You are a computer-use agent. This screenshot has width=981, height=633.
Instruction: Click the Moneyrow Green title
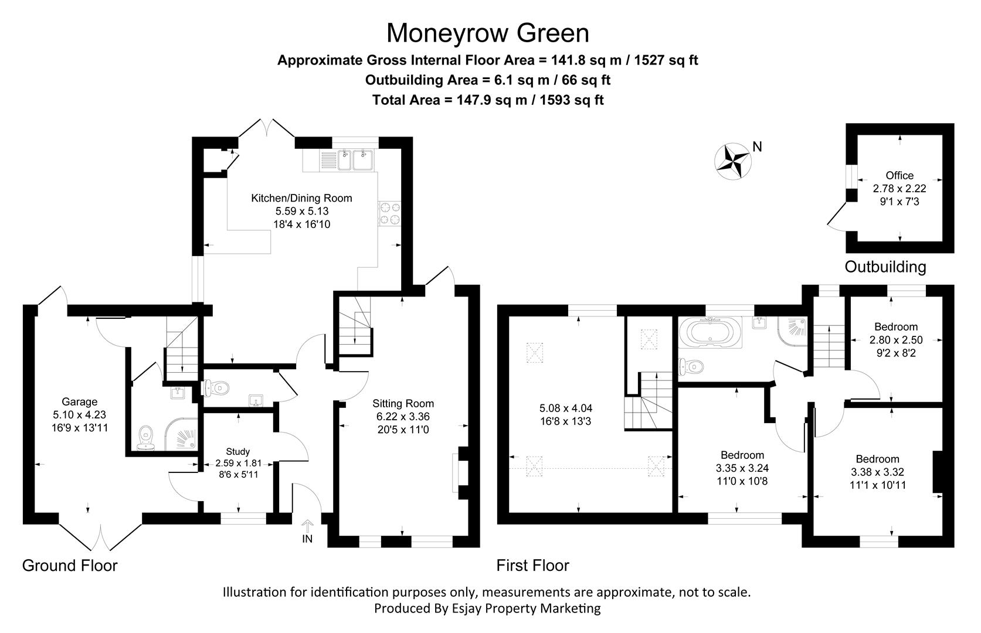pyautogui.click(x=487, y=33)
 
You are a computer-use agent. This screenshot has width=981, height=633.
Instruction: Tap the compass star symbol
pyautogui.click(x=733, y=161)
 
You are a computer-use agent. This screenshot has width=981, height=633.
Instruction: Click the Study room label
pyautogui.click(x=237, y=451)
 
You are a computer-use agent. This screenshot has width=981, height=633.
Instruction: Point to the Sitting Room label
pyautogui.click(x=403, y=403)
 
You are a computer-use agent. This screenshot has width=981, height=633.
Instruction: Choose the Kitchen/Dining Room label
pyautogui.click(x=301, y=198)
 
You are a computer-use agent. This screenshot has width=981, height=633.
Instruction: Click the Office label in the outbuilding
pyautogui.click(x=899, y=175)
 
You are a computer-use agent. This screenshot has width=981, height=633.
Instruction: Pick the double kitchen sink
pyautogui.click(x=356, y=159)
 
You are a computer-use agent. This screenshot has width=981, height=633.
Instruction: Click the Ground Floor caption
pyautogui.click(x=70, y=566)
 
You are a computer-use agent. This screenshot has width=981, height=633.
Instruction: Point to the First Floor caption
pyautogui.click(x=532, y=566)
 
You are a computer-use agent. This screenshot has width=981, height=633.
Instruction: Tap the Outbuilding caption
pyautogui.click(x=885, y=267)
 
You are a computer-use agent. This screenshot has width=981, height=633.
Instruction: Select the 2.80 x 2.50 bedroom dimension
pyautogui.click(x=895, y=340)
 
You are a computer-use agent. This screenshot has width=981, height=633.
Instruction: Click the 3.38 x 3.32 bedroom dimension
pyautogui.click(x=877, y=472)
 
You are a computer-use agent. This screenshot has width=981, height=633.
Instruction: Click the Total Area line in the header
pyautogui.click(x=487, y=100)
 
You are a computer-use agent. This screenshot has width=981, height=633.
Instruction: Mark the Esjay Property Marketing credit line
pyautogui.click(x=487, y=608)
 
